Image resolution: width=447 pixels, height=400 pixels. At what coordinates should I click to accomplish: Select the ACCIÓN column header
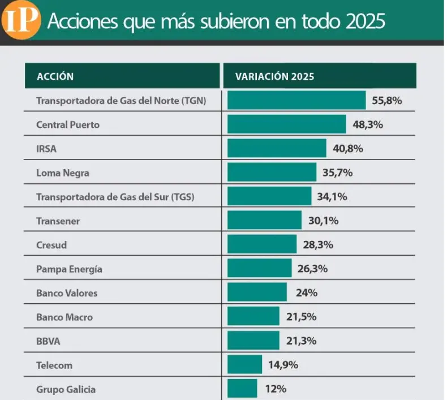click(x=55, y=76)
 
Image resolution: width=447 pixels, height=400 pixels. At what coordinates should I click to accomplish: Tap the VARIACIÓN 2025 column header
click(x=274, y=76)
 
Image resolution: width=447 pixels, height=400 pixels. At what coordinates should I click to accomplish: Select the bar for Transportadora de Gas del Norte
click(x=296, y=100)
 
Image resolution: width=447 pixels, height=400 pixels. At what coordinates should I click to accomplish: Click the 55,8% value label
click(x=387, y=101)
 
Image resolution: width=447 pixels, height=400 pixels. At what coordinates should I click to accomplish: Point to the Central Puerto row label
click(x=67, y=124)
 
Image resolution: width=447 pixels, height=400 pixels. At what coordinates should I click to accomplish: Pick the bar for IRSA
click(x=277, y=149)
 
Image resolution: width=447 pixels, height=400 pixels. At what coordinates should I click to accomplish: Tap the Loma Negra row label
click(x=62, y=173)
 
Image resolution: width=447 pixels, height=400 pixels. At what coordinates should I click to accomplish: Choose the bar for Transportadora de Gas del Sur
click(x=269, y=197)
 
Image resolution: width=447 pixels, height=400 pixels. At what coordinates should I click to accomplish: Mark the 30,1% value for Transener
click(x=323, y=221)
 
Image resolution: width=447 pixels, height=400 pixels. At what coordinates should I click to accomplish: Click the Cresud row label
click(x=51, y=245)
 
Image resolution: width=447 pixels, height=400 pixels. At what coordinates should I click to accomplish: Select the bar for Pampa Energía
click(x=259, y=269)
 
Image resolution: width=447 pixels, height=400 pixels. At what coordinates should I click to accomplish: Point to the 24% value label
click(x=306, y=293)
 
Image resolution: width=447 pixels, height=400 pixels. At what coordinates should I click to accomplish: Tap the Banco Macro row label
click(x=64, y=317)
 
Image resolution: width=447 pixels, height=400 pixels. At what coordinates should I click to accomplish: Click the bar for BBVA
click(x=253, y=341)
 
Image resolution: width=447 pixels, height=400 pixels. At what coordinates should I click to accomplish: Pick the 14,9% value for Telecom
click(x=283, y=365)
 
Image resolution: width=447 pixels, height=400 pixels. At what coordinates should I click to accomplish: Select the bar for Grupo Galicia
click(x=242, y=389)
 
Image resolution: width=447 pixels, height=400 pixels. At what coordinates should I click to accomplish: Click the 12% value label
click(x=275, y=389)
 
